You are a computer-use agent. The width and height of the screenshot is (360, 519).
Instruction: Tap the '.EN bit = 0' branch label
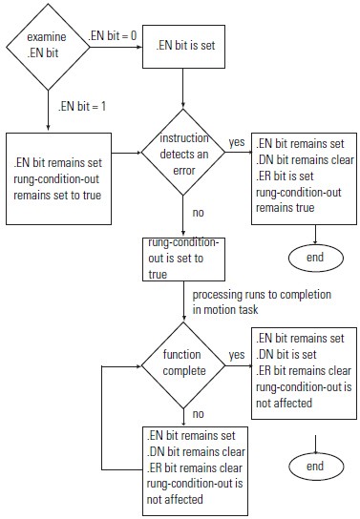click(x=114, y=35)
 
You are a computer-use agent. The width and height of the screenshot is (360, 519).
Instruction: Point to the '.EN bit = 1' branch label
click(x=80, y=106)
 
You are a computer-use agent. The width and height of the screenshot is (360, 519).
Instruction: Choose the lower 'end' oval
click(x=316, y=467)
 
